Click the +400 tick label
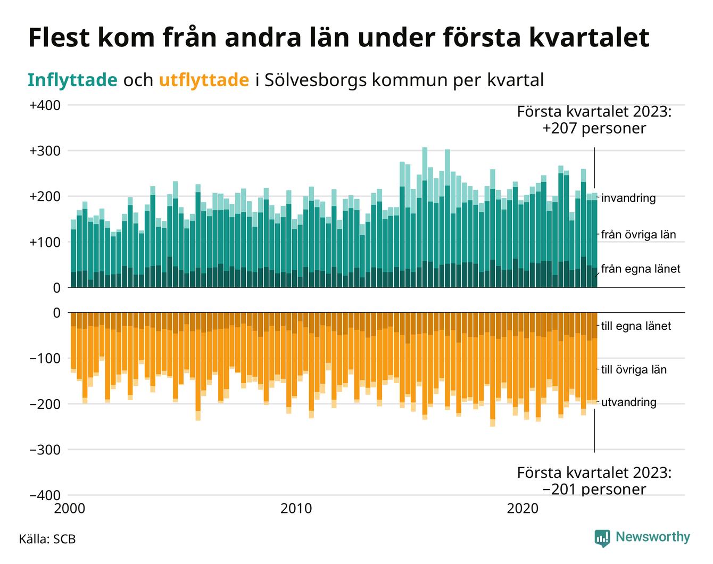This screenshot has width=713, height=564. point(45,105)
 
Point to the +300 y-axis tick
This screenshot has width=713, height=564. point(45,151)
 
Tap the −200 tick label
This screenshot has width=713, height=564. point(45,404)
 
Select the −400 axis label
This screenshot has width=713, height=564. point(45,496)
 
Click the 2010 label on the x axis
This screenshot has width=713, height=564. point(296,509)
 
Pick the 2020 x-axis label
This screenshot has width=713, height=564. point(523,509)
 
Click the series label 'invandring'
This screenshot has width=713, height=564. point(628,198)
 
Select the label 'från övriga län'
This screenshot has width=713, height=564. point(639,235)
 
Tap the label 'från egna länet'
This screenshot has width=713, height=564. point(641,269)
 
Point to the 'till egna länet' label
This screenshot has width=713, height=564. point(636,326)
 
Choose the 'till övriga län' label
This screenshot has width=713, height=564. point(634,370)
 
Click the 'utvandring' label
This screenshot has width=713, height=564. point(628,402)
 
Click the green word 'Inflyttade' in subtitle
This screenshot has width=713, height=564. point(72,80)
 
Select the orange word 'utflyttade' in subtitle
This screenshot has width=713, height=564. point(204,80)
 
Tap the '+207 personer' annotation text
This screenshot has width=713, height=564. point(594,128)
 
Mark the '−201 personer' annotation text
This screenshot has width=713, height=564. point(594,489)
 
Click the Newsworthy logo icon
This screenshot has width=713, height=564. point(602,538)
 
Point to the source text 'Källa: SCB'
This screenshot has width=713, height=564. point(47,539)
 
